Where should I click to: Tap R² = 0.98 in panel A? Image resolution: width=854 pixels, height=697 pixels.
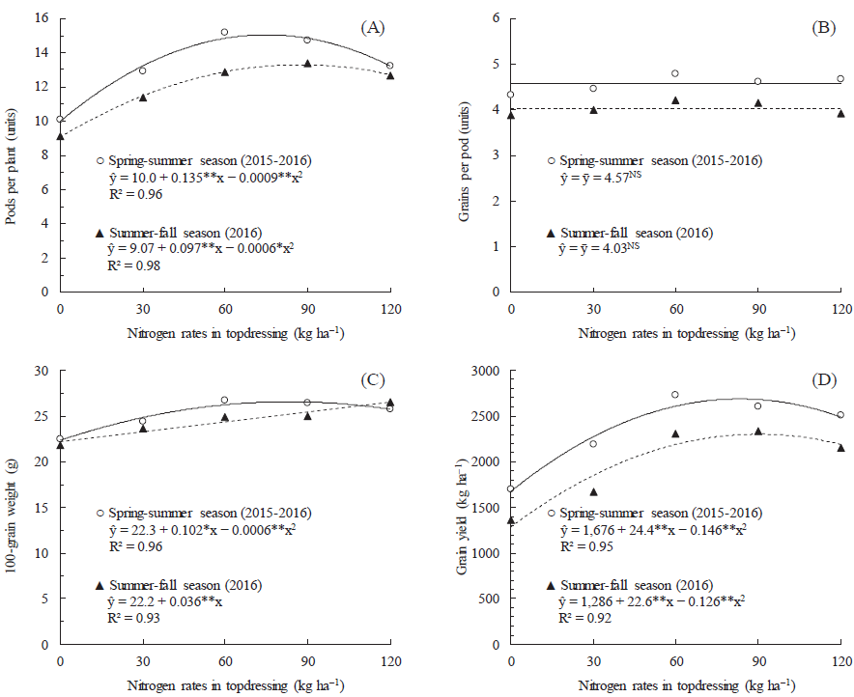(x=134, y=265)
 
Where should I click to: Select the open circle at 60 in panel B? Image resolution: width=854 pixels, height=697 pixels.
(x=675, y=73)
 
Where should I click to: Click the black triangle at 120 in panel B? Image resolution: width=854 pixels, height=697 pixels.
(x=840, y=113)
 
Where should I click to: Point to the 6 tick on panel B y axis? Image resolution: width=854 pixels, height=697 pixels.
(x=495, y=18)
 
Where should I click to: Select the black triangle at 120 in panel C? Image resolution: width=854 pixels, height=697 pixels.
(x=390, y=403)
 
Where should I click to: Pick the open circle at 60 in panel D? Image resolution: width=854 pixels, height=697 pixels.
(x=675, y=395)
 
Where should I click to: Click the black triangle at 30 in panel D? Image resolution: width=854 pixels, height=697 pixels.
(x=593, y=491)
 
